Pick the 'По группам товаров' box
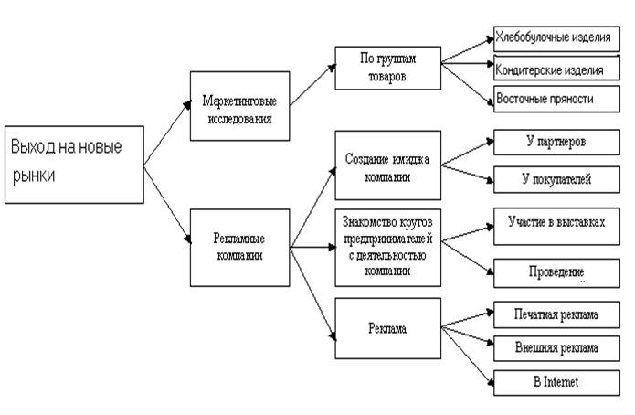click(387, 67)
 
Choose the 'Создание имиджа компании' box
click(388, 165)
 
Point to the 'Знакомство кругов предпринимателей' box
click(388, 245)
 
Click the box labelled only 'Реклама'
click(388, 326)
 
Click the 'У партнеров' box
click(556, 144)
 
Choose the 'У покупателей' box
click(556, 178)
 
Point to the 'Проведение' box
click(556, 272)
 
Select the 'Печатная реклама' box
click(556, 315)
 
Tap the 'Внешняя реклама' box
click(556, 348)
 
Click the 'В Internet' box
click(556, 381)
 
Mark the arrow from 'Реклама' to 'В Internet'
click(466, 355)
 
